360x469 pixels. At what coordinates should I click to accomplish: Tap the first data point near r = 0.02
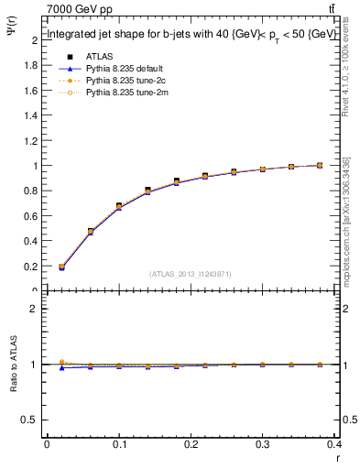tap(61, 267)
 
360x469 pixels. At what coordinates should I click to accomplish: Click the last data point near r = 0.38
tap(320, 165)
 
